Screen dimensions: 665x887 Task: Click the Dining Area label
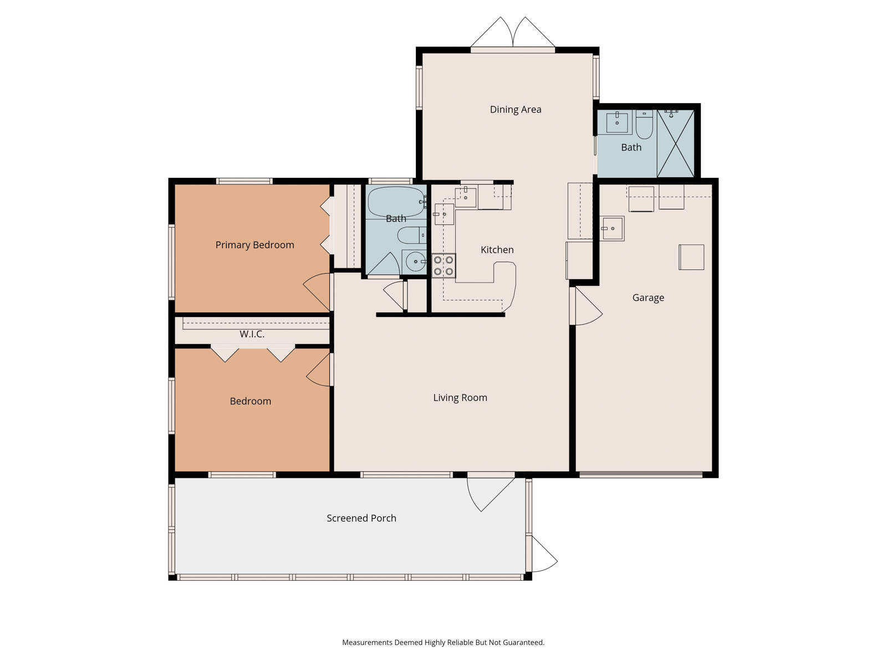[x=515, y=110]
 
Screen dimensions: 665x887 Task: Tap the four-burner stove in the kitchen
[x=443, y=265]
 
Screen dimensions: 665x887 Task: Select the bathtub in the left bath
[x=396, y=202]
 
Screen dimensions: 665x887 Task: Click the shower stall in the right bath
[x=675, y=143]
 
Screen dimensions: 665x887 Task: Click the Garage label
[x=648, y=298]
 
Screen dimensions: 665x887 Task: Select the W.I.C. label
[x=252, y=334]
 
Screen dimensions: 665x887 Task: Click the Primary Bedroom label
[x=254, y=245]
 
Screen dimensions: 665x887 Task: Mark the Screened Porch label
[x=361, y=518]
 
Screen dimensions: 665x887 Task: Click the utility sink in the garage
[x=612, y=228]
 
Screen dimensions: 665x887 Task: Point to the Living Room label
[x=460, y=398]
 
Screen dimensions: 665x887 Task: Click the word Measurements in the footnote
[x=366, y=643]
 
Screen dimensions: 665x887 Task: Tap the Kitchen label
[x=497, y=250]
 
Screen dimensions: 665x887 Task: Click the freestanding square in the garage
[x=691, y=257]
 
